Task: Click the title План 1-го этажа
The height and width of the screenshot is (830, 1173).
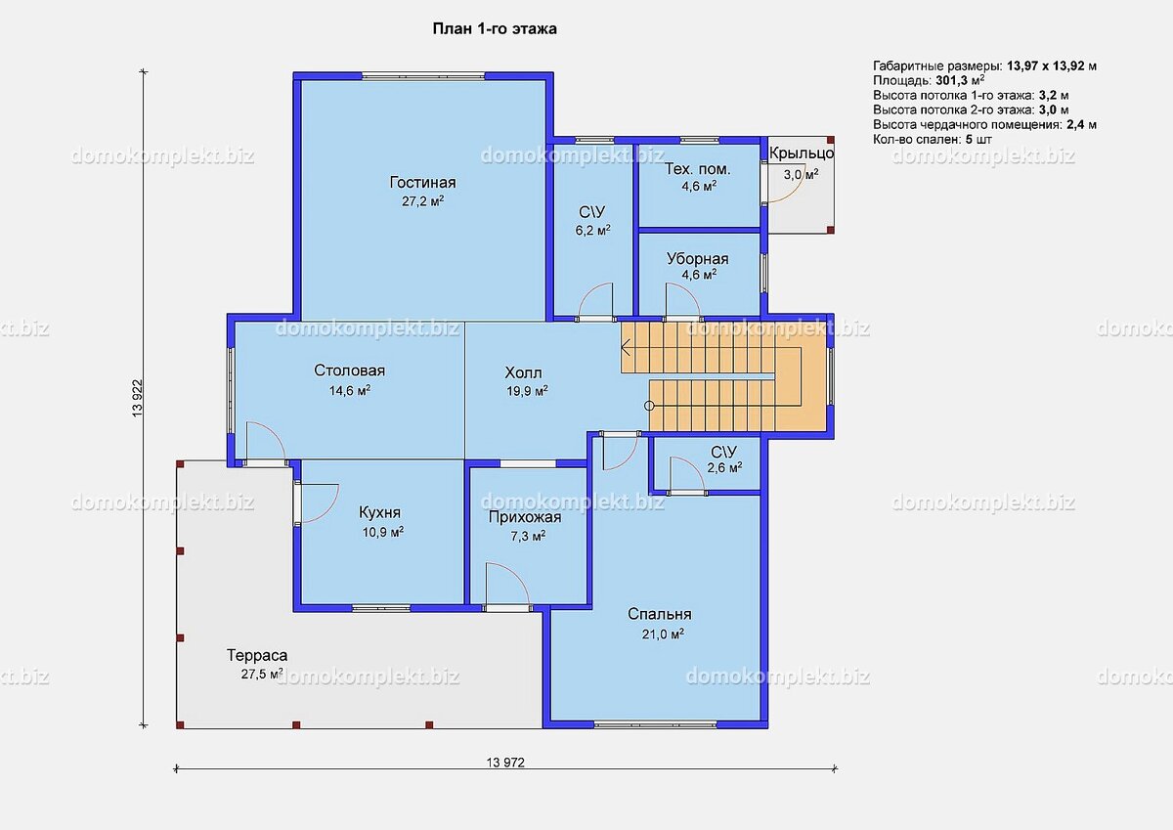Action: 495,28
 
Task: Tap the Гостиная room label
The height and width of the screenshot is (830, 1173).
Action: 422,182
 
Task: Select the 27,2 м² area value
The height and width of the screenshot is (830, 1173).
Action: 422,201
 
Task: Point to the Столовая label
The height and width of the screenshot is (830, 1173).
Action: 349,371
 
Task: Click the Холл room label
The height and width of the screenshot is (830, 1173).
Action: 523,372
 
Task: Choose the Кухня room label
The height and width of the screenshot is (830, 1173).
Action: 379,511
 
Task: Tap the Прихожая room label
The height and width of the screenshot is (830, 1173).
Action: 525,517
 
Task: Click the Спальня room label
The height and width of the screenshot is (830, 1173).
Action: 659,614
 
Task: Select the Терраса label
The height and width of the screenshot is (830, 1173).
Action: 257,655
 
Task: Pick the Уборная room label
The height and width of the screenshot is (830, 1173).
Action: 698,259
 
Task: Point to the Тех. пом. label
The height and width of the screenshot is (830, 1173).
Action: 698,169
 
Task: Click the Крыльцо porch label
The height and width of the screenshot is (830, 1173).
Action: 802,153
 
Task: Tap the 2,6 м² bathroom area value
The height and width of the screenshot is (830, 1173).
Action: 724,467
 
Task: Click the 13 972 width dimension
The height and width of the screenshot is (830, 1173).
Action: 505,763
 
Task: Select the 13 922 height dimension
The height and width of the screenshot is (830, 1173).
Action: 138,398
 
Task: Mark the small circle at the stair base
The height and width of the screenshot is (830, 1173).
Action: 649,406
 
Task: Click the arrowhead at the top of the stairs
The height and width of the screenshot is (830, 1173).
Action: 625,347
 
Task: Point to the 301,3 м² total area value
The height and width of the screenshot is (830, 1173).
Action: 960,80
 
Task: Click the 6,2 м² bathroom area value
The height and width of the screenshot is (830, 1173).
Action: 592,231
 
